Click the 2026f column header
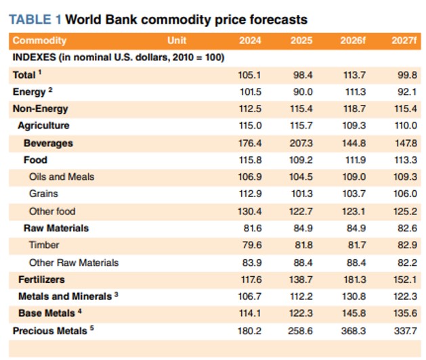[x=353, y=41]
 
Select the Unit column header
[x=177, y=41]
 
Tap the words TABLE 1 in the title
[x=35, y=20]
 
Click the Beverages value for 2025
[x=301, y=143]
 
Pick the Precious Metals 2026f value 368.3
[x=354, y=331]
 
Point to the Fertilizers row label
[x=41, y=279]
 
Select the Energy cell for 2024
[x=250, y=92]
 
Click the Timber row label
[x=44, y=245]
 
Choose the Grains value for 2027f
[x=405, y=194]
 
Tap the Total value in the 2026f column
[x=354, y=74]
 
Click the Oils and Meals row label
[x=62, y=177]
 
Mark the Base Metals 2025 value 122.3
[x=301, y=313]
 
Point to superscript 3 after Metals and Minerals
[x=116, y=294]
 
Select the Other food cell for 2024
[x=250, y=211]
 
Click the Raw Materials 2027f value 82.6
[x=407, y=228]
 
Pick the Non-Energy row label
[x=41, y=108]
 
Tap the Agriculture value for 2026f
[x=354, y=125]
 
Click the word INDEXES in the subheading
[x=35, y=58]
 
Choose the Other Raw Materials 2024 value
[x=252, y=263]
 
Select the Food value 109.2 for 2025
[x=301, y=160]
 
